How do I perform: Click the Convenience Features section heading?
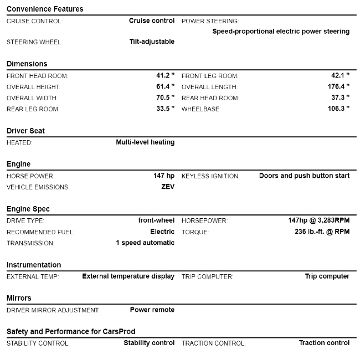[x=45, y=9]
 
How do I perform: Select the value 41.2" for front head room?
[x=165, y=75]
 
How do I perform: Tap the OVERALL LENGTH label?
[x=209, y=87]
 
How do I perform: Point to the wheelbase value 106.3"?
[x=338, y=109]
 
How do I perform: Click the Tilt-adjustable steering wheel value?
[x=148, y=42]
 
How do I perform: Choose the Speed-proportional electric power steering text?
[x=281, y=32]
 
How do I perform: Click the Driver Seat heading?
[x=25, y=131]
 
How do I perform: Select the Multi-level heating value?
[x=145, y=142]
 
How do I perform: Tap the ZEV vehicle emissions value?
[x=168, y=187]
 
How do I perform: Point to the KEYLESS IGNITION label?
[x=210, y=176]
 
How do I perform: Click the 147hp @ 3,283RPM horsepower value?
[x=315, y=220]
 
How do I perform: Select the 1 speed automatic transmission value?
[x=145, y=243]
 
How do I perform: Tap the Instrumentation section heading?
[x=34, y=265]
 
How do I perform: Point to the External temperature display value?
[x=128, y=276]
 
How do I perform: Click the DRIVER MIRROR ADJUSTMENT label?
[x=53, y=310]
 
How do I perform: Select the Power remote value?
[x=152, y=310]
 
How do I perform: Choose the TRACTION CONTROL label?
[x=213, y=343]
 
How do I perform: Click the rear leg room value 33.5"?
[x=165, y=109]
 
